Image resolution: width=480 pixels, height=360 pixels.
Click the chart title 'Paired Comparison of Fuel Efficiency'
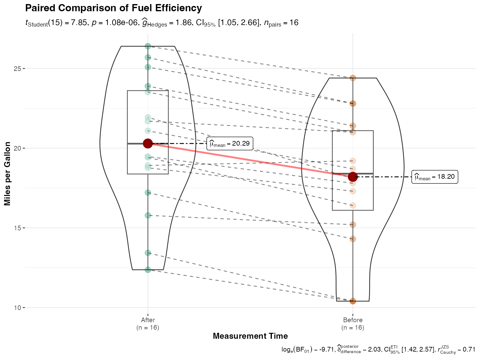pos(113,8)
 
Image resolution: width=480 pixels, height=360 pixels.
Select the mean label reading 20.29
pos(230,143)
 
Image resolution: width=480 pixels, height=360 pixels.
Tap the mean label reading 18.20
pos(435,177)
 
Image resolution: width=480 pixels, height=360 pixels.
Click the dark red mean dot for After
pos(148,143)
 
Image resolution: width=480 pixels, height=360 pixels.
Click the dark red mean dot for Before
pos(353,177)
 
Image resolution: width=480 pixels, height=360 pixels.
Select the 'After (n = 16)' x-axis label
pos(148,324)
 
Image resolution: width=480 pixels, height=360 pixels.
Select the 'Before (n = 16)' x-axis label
pos(353,324)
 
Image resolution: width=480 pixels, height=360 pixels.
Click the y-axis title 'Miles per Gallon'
pos(8,174)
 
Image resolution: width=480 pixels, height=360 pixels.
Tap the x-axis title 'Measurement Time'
pos(250,336)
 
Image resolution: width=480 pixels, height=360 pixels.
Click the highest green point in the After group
pos(148,46)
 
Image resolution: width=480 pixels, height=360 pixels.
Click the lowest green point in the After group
pos(148,269)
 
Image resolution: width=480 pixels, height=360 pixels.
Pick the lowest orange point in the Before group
pos(353,301)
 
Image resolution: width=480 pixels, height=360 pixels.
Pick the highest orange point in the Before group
pos(353,78)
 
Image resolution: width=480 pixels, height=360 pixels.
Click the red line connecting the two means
pos(250,160)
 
